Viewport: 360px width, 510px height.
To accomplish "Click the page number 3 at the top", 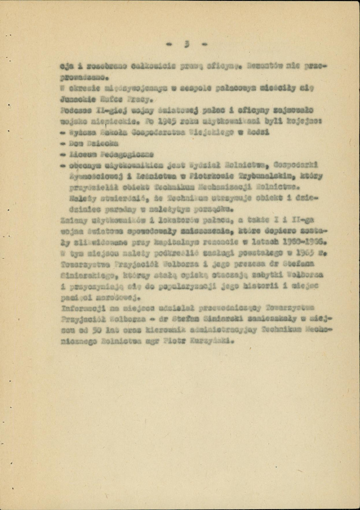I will pyautogui.click(x=186, y=44).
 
